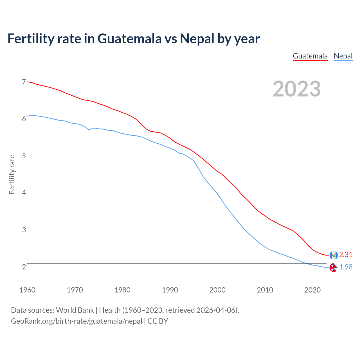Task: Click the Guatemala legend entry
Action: tap(310, 56)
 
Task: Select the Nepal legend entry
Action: tap(343, 56)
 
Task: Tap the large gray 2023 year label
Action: tap(297, 89)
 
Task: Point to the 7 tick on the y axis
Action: tap(24, 82)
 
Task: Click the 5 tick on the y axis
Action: tap(24, 156)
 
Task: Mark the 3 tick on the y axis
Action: tap(24, 230)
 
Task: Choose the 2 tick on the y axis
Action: tap(24, 267)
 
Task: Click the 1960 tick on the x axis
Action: tap(27, 290)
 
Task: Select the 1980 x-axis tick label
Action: tap(122, 290)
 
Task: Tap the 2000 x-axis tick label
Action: tap(217, 290)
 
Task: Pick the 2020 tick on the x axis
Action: tap(312, 290)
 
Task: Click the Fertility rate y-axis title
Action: tap(12, 174)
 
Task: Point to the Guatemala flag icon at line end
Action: tap(333, 255)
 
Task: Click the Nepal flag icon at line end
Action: tap(333, 267)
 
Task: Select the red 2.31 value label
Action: tap(346, 255)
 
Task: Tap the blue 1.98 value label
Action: tap(346, 267)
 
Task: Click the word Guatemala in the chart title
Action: tap(130, 39)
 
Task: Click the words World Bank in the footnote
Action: tap(75, 310)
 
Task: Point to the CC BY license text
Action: tap(157, 321)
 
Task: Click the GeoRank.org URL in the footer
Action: tap(76, 321)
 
